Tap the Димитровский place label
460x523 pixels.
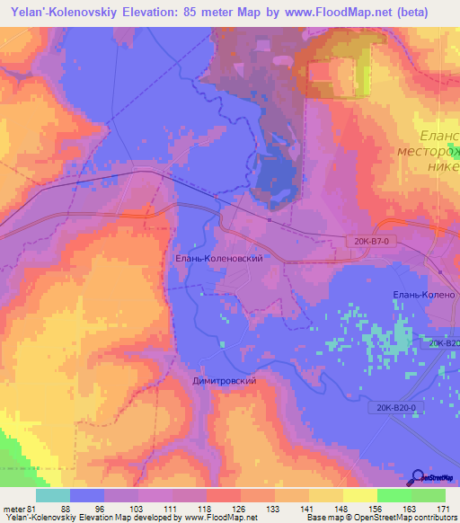click(x=225, y=381)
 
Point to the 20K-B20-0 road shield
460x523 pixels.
click(x=395, y=407)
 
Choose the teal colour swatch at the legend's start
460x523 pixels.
click(x=52, y=495)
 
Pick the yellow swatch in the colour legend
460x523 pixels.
click(x=359, y=495)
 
